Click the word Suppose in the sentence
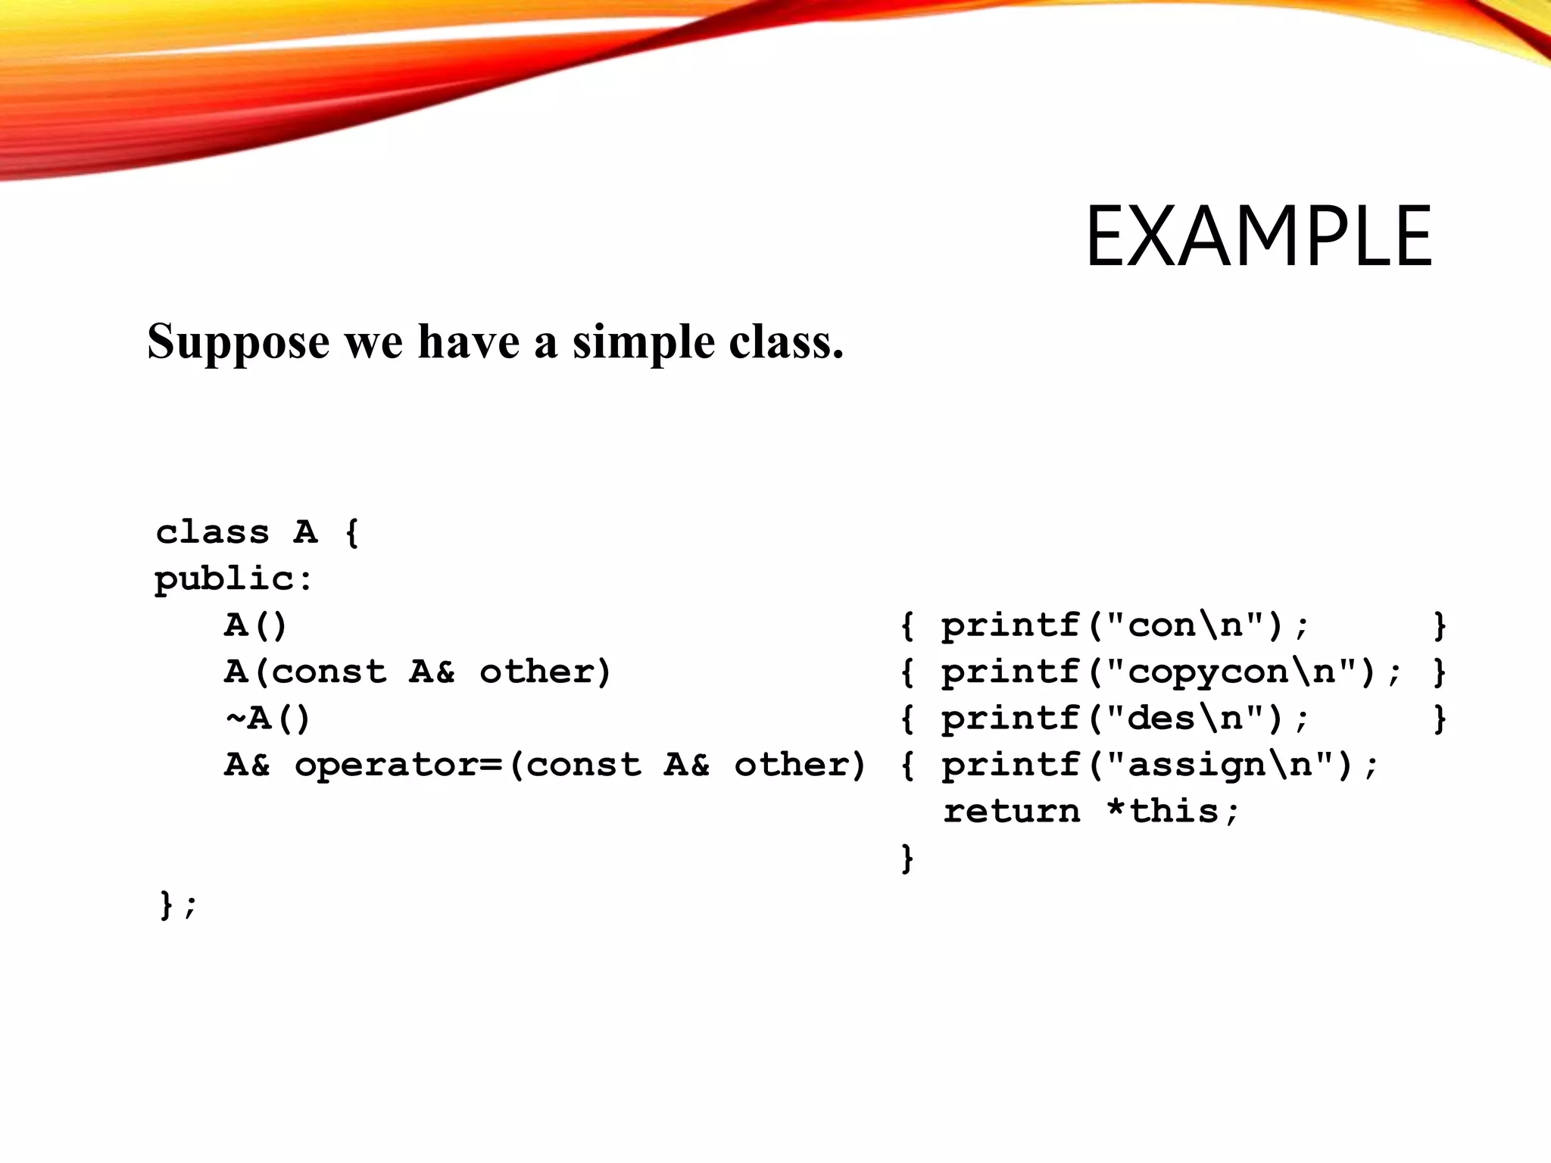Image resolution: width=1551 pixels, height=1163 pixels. click(238, 342)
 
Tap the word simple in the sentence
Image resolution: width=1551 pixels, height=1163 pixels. click(643, 342)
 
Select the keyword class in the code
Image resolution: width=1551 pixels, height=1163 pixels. click(212, 532)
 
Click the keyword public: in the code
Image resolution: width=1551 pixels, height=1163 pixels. click(233, 580)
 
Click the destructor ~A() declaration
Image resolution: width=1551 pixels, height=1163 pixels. click(267, 719)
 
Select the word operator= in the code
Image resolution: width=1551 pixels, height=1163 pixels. click(398, 765)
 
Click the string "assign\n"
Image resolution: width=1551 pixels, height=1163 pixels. click(1220, 765)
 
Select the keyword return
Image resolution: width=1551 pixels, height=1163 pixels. click(1012, 812)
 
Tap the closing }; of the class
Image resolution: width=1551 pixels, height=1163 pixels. click(178, 905)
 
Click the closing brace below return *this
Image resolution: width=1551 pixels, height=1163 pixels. click(907, 859)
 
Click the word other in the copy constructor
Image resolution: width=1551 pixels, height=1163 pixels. click(545, 672)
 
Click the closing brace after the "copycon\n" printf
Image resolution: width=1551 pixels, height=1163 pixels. click(1440, 672)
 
